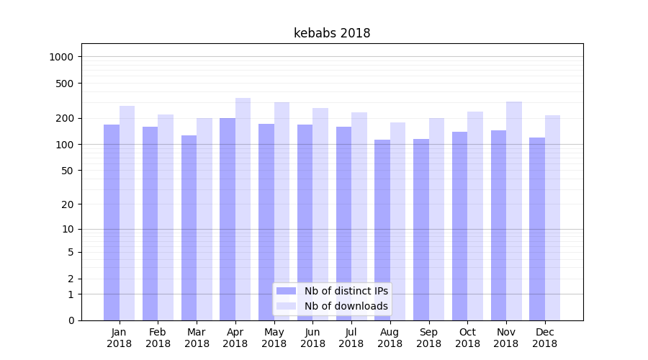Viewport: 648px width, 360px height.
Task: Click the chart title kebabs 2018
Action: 332,33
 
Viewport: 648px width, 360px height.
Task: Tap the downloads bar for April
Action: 243,209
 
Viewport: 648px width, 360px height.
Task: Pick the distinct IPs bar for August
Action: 382,230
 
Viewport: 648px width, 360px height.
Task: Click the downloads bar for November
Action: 514,210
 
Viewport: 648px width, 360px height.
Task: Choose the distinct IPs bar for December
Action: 537,228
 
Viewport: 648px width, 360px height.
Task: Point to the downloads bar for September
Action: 436,219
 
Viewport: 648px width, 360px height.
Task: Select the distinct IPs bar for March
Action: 189,228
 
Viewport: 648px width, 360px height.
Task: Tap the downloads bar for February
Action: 166,217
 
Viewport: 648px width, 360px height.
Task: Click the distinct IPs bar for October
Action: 459,225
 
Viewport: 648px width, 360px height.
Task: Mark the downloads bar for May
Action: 282,211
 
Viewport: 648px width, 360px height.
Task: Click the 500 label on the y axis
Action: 66,84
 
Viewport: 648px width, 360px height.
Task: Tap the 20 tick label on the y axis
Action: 68,204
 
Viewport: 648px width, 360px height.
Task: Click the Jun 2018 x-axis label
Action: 312,338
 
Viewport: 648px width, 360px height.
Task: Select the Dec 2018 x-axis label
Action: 544,338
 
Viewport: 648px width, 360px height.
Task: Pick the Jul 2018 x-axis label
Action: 351,338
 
